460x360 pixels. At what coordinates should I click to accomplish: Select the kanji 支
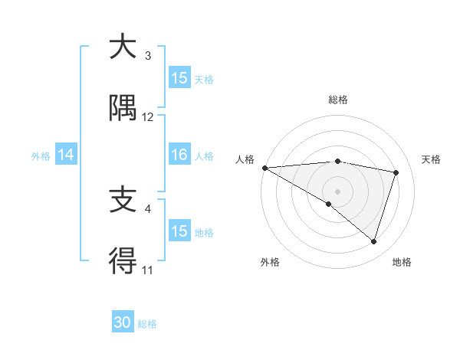(x=123, y=201)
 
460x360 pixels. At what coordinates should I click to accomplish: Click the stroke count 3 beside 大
(x=148, y=55)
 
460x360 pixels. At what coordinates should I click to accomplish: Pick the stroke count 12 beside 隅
(x=148, y=117)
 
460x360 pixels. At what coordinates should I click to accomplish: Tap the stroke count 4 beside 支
(x=148, y=208)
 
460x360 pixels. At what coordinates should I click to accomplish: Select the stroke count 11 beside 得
(x=148, y=270)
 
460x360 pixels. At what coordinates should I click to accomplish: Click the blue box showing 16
(x=179, y=155)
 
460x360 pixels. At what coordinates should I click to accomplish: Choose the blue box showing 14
(x=66, y=155)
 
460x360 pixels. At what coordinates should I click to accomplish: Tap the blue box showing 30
(x=123, y=322)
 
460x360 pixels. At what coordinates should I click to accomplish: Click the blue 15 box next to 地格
(x=179, y=231)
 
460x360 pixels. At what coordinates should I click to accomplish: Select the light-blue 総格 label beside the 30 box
(x=147, y=324)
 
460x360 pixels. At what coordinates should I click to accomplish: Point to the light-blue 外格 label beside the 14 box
(x=41, y=155)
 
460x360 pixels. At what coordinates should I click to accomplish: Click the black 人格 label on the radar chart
(x=245, y=159)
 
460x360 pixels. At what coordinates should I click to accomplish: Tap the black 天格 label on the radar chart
(x=432, y=159)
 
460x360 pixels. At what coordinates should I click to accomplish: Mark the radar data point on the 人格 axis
(x=264, y=168)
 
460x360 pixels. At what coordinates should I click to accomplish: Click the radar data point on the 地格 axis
(x=373, y=241)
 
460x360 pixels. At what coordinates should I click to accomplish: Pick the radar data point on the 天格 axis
(x=396, y=172)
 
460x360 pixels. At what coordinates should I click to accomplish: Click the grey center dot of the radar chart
(x=337, y=191)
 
